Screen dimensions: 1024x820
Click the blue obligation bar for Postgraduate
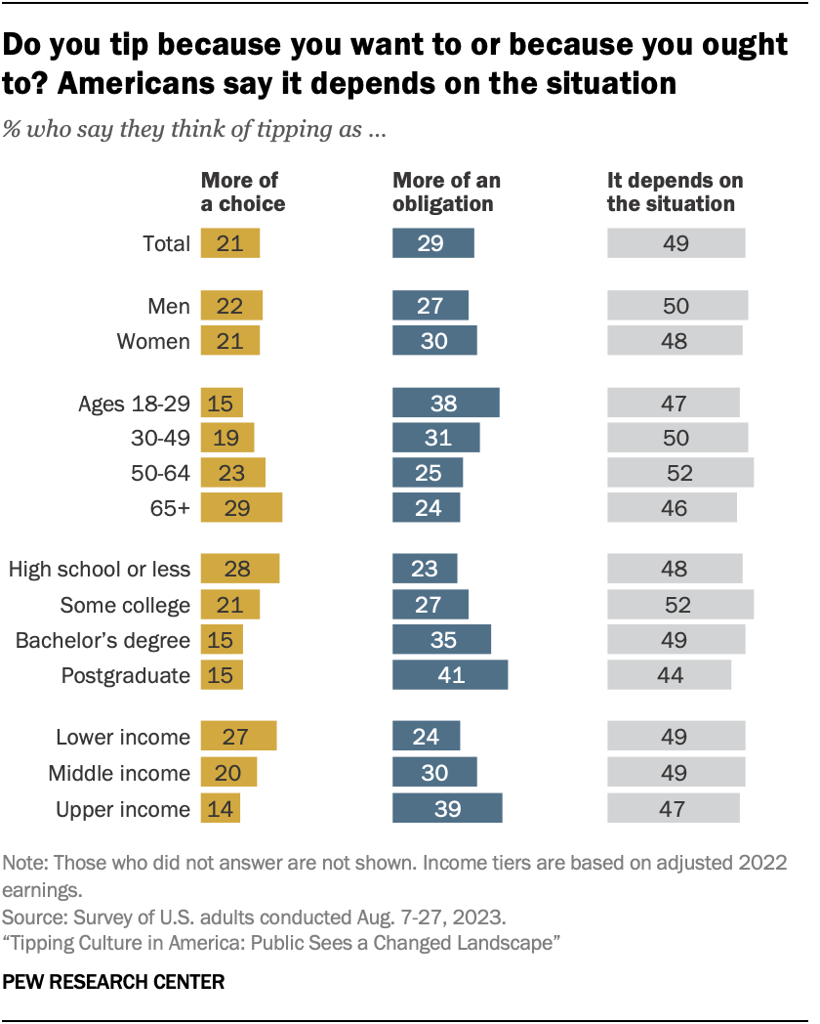coord(449,675)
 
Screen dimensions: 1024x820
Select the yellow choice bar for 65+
coord(241,508)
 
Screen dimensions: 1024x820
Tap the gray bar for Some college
coord(680,605)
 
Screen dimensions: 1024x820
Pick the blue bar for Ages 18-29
coord(445,404)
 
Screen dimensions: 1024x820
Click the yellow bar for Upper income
coord(220,809)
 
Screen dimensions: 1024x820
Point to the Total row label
coord(165,243)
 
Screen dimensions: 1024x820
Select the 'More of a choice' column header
coord(242,192)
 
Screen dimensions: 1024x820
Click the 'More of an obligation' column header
coord(446,192)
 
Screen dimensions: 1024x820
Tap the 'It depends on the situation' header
coord(675,192)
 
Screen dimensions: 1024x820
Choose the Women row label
coord(153,341)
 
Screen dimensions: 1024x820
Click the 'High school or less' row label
coord(99,570)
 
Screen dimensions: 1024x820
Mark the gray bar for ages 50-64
coord(680,473)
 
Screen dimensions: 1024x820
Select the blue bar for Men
coord(430,306)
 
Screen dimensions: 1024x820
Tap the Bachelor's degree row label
coord(102,640)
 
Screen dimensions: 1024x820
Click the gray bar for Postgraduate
coord(669,675)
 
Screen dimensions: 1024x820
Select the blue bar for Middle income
coord(434,773)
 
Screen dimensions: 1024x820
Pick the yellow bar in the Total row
coord(230,243)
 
